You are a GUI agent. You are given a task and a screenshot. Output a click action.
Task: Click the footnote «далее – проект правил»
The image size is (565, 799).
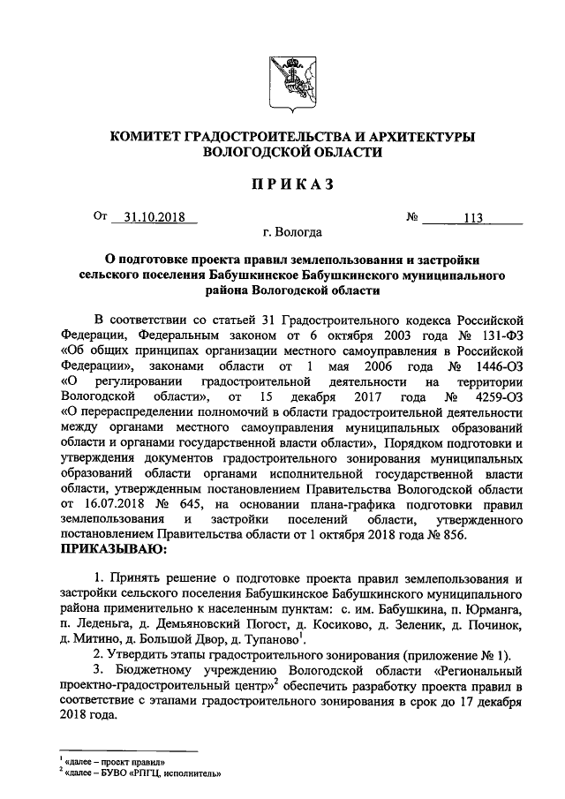pyautogui.click(x=113, y=761)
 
